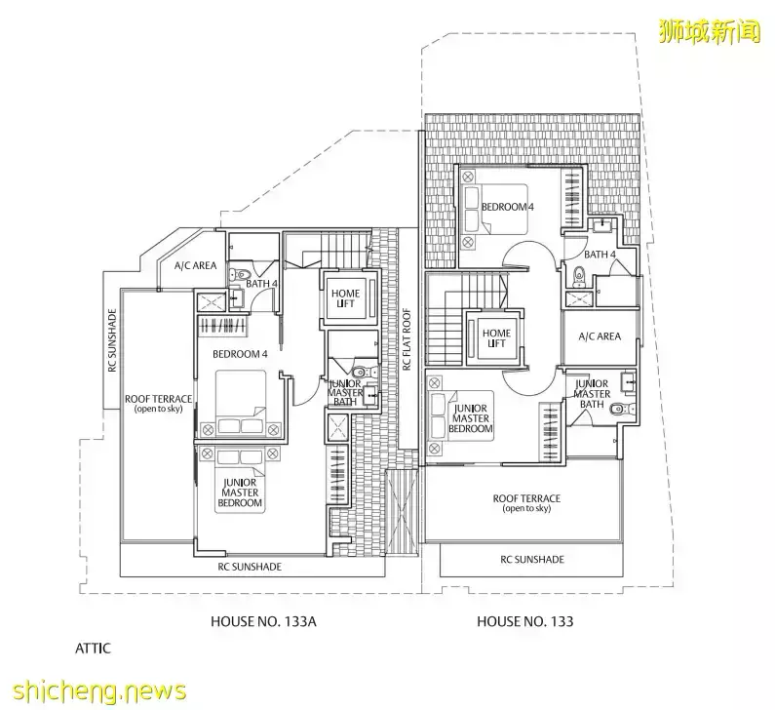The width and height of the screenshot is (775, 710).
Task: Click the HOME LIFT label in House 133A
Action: pyautogui.click(x=344, y=298)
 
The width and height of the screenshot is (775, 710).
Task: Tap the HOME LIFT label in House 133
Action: pyautogui.click(x=496, y=338)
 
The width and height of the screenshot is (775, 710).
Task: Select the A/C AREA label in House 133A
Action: pyautogui.click(x=195, y=265)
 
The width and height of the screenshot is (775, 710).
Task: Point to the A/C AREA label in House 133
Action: pyautogui.click(x=599, y=336)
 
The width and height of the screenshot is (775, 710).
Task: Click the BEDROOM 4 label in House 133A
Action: pyautogui.click(x=241, y=353)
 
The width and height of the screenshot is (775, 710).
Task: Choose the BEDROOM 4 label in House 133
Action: pyautogui.click(x=509, y=207)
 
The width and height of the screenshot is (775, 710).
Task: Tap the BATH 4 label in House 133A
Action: pyautogui.click(x=261, y=284)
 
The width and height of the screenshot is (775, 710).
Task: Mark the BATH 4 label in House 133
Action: pyautogui.click(x=600, y=255)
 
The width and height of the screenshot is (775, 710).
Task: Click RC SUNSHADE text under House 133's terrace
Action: pyautogui.click(x=531, y=559)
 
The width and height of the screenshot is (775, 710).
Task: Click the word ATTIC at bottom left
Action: pyautogui.click(x=94, y=646)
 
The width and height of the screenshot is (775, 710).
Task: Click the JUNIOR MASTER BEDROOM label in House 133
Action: pyautogui.click(x=472, y=417)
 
